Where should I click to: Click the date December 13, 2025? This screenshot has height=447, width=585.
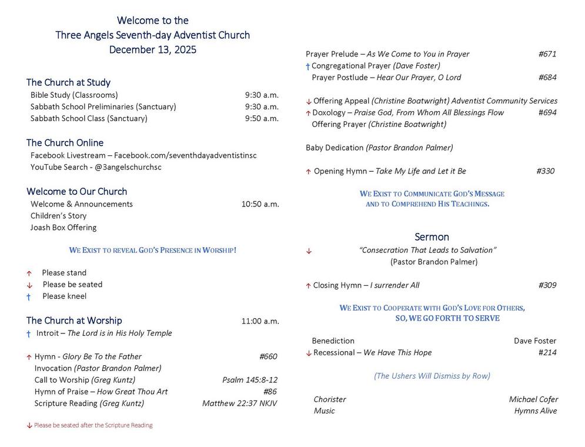153,50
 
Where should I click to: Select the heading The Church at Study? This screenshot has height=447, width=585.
68,82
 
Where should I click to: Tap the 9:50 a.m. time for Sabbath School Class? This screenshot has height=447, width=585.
262,118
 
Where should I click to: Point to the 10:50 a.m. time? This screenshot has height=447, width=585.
260,204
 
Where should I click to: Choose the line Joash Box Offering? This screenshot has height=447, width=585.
63,228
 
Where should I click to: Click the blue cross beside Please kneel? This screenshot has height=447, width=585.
28,297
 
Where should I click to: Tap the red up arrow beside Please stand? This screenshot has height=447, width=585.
29,273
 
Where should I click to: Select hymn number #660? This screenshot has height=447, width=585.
268,356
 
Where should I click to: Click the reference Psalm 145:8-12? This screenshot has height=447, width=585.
250,380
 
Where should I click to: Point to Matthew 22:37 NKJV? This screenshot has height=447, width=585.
239,403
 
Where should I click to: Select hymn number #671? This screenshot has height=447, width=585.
547,54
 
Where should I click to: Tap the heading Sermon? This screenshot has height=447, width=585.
432,237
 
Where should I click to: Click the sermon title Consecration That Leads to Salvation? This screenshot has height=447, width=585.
427,250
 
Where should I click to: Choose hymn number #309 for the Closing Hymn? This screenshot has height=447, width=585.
547,285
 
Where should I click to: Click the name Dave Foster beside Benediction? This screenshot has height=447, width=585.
534,341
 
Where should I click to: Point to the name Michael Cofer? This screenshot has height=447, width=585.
533,399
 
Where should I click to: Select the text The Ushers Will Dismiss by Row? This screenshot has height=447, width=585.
432,376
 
